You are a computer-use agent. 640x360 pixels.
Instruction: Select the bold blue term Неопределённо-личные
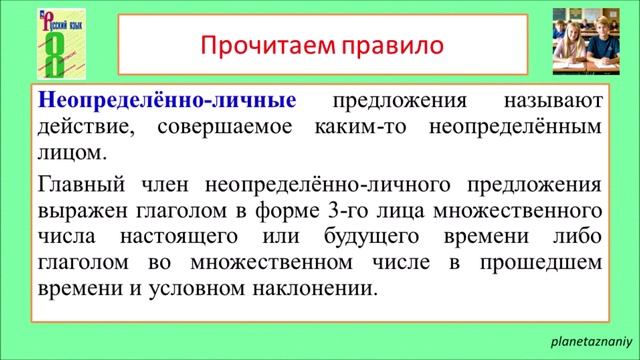[166, 102]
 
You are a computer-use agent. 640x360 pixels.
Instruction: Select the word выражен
[77, 212]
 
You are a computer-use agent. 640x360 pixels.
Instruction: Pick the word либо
[577, 238]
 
